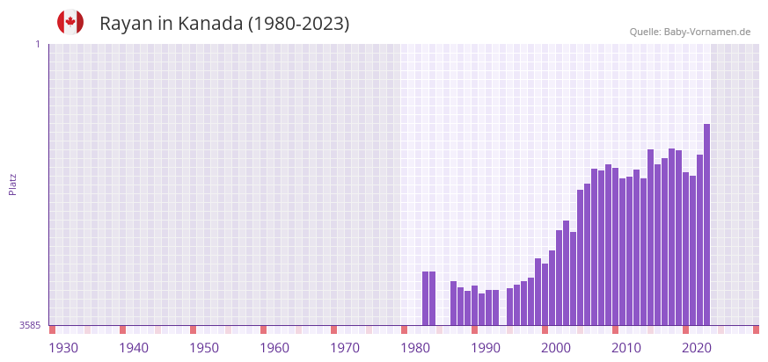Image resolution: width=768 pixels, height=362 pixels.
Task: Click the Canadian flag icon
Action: click(x=70, y=22)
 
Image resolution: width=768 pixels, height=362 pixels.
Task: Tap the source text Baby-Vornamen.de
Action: click(x=707, y=32)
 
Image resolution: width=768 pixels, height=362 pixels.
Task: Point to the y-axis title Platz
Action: click(x=12, y=184)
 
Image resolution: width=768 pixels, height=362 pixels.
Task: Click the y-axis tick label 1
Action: click(x=37, y=44)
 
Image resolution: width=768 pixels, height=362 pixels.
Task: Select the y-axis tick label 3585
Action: click(x=30, y=325)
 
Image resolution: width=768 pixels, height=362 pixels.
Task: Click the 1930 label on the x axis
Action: click(x=63, y=348)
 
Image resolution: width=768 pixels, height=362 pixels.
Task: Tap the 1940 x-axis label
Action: click(x=134, y=348)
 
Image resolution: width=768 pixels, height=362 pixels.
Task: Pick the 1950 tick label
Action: click(x=204, y=348)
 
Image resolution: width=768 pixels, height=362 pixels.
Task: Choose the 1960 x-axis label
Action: click(x=274, y=348)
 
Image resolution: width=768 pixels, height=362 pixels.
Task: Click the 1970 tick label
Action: click(x=345, y=348)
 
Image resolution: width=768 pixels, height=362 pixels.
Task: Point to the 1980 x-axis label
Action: click(x=415, y=348)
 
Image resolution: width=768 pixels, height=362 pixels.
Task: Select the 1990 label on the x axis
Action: click(x=486, y=348)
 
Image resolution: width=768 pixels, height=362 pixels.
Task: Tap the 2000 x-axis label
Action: click(x=556, y=348)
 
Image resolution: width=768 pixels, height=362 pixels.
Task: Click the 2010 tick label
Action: click(x=626, y=348)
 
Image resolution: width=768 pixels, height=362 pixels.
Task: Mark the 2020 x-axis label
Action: click(x=697, y=348)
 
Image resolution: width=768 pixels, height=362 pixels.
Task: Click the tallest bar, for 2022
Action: click(x=706, y=224)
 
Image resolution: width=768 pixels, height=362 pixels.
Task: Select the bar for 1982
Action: click(x=432, y=298)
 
